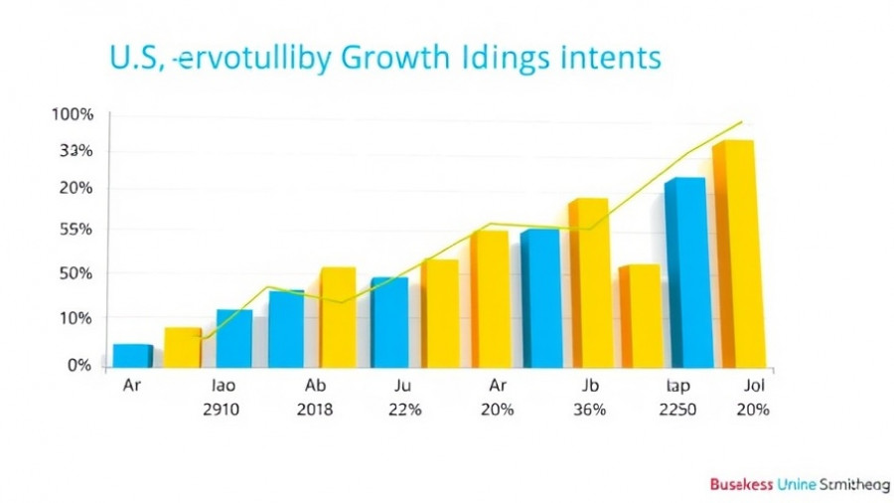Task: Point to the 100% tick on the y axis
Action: point(73,114)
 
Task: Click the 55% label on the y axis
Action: point(73,230)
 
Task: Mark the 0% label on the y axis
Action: point(78,366)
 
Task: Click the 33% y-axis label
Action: point(74,151)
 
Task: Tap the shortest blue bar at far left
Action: point(132,355)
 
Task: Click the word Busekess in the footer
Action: point(746,484)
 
